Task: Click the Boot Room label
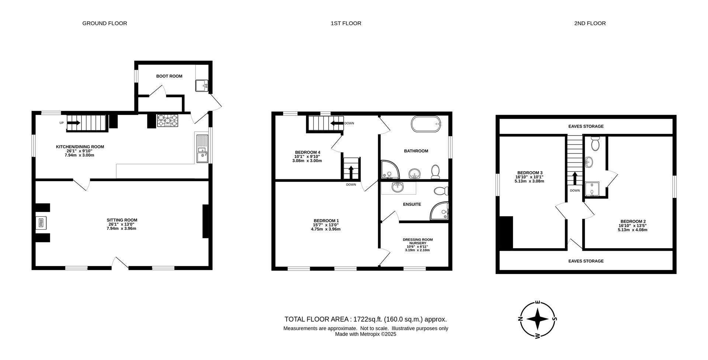click(x=169, y=76)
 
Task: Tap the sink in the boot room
click(x=202, y=86)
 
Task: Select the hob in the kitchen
click(x=168, y=121)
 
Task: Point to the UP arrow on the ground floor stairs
click(x=74, y=123)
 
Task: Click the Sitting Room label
click(x=122, y=220)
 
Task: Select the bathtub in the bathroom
click(x=426, y=124)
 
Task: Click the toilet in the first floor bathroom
click(x=435, y=172)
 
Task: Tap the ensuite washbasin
click(x=398, y=187)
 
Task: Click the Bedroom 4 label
click(x=308, y=152)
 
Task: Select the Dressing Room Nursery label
click(x=418, y=242)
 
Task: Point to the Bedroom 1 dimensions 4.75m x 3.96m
click(x=326, y=229)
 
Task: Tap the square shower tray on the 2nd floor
click(x=592, y=188)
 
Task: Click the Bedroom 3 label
click(x=530, y=173)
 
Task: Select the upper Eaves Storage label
click(x=586, y=127)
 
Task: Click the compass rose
click(x=538, y=319)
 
